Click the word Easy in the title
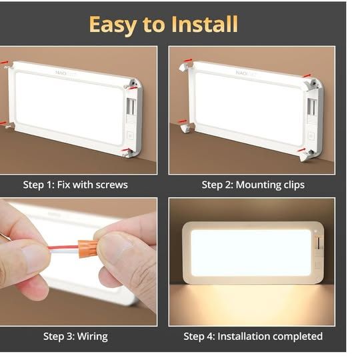pos(113,25)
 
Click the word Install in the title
pos(205,24)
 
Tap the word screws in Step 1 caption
pos(111,185)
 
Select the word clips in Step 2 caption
pos(291,185)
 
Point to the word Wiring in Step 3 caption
pos(92,337)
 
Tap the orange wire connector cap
pos(88,248)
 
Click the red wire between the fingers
pos(63,248)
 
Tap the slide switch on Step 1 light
pos(131,107)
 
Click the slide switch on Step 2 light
pos(311,107)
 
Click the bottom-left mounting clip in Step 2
pos(186,128)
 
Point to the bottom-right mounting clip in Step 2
pos(305,156)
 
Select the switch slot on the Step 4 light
pos(319,243)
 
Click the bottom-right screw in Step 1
pos(127,154)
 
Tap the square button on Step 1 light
pos(131,136)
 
